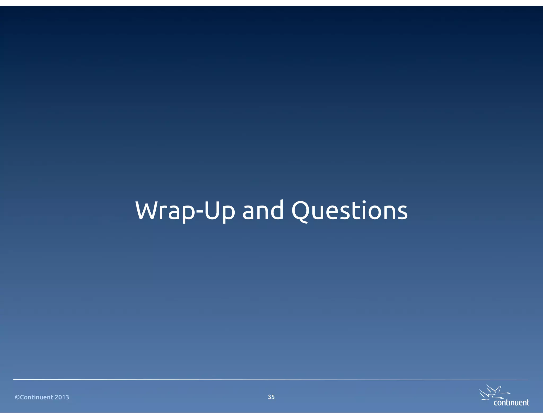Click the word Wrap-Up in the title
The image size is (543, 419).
tap(185, 211)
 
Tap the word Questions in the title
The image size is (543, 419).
tap(349, 211)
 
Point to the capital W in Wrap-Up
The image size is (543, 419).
tap(147, 211)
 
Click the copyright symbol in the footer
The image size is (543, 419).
tap(17, 397)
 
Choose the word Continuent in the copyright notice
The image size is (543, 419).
tap(37, 397)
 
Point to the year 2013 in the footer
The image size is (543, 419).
tap(62, 397)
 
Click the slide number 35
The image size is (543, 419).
tap(271, 397)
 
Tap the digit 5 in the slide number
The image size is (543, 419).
tap(273, 397)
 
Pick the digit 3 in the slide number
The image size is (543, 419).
tap(269, 397)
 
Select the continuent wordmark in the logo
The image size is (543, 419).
tap(511, 403)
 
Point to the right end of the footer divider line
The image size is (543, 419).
tap(527, 380)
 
